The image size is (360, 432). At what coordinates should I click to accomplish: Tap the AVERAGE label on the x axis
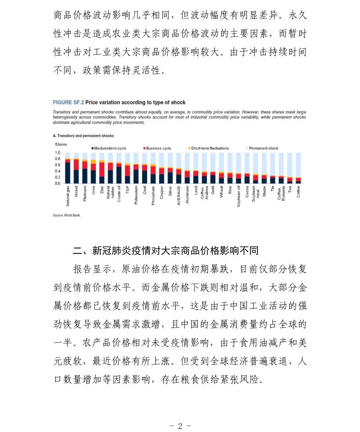point(179,193)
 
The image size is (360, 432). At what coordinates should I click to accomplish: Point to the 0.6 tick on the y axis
point(57,165)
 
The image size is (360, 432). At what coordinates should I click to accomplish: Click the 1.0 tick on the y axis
point(57,153)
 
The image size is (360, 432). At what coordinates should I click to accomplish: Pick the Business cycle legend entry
point(159,148)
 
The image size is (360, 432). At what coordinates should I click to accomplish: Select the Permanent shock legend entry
point(264,148)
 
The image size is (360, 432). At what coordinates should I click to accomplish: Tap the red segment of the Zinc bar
point(102,169)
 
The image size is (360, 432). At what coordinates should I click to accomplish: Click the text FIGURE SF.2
point(68,102)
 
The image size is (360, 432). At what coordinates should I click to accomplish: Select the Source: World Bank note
point(67,215)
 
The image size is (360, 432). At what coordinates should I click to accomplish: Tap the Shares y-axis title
point(61,144)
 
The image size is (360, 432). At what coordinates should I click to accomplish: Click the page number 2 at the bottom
point(180,426)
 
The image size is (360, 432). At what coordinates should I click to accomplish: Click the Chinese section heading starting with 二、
point(166,251)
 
